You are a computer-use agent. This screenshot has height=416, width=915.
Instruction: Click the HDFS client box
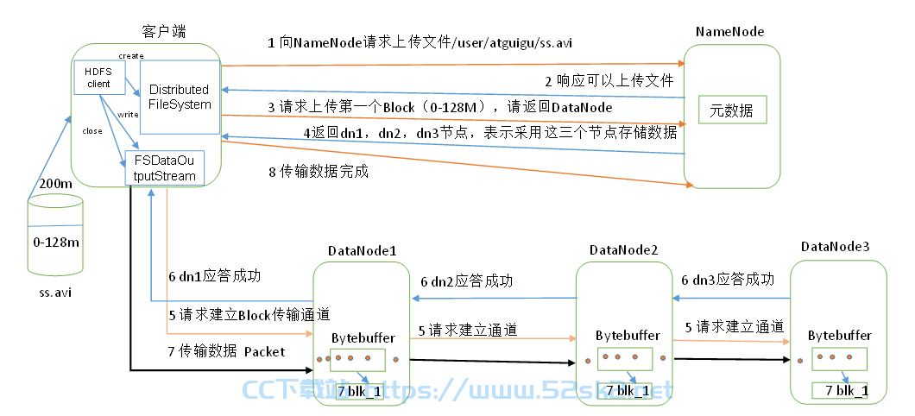(x=99, y=79)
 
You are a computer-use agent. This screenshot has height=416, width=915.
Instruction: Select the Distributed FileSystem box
(x=180, y=97)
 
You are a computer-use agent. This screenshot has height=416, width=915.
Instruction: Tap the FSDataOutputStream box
(x=164, y=168)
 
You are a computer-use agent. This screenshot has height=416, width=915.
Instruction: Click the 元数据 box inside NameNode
(x=732, y=110)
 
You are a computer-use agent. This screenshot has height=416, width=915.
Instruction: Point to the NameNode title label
(x=729, y=32)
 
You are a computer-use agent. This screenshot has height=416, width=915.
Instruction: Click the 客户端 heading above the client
(x=164, y=32)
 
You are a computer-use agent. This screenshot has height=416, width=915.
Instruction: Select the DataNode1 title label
(x=363, y=251)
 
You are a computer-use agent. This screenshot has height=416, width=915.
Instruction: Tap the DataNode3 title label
(x=835, y=247)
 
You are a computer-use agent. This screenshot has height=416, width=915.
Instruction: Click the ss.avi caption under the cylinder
(x=52, y=292)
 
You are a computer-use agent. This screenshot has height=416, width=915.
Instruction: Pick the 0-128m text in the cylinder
(x=56, y=242)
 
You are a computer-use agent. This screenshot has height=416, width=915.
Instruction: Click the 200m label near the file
(x=55, y=183)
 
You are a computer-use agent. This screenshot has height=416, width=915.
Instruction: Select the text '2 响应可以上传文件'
(x=609, y=80)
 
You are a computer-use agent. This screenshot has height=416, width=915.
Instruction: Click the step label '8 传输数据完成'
(x=318, y=172)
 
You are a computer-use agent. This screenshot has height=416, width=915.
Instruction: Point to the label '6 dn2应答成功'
(x=467, y=281)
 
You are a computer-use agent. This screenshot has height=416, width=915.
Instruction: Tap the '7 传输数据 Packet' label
(x=227, y=351)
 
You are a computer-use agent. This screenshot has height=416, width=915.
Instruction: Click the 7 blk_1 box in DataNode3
(x=840, y=391)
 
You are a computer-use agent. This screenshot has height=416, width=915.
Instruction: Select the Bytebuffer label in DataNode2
(x=628, y=336)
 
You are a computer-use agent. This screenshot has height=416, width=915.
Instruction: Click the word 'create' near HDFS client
(x=131, y=56)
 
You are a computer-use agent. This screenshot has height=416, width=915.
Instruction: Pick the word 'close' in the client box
(x=92, y=131)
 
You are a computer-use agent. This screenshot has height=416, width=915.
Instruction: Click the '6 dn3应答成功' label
(x=729, y=280)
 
